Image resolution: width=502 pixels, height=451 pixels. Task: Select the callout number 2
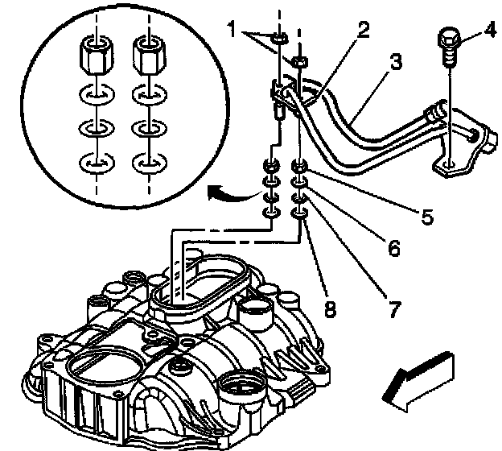pos(364,31)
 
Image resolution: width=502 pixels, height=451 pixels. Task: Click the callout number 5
pos(426,216)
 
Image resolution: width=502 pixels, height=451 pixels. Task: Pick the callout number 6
pos(393,248)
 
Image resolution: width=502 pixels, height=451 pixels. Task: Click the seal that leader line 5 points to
pos(299,168)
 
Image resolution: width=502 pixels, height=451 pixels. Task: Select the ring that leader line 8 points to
pos(298,214)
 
